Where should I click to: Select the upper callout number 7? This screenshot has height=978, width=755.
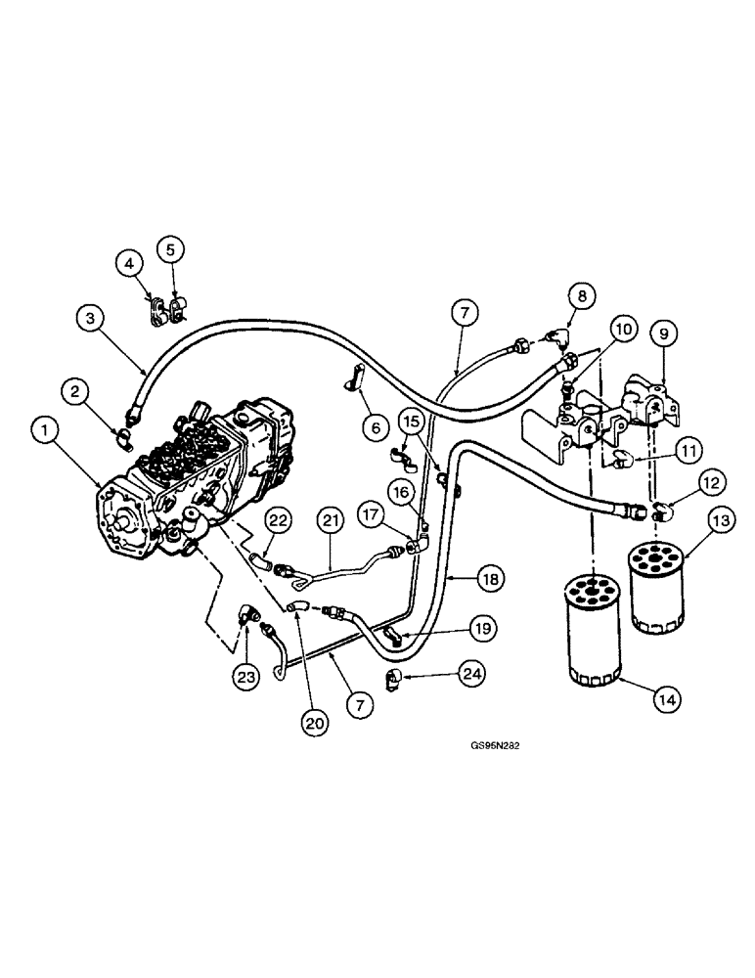click(465, 315)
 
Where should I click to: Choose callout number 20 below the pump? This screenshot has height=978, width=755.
click(312, 724)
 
